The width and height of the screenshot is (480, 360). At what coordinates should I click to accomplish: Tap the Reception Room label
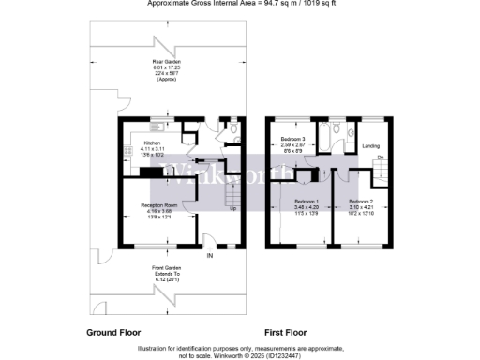point(158,204)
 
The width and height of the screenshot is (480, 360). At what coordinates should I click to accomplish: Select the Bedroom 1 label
point(307,202)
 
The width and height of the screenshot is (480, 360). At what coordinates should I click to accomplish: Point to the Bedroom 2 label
point(359,202)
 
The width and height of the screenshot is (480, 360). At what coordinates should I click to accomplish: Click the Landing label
point(370,145)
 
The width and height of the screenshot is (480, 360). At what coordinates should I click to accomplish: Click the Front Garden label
point(166,269)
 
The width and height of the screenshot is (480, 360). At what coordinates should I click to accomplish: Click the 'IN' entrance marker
point(210,256)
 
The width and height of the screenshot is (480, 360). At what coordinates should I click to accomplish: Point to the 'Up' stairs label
point(232,207)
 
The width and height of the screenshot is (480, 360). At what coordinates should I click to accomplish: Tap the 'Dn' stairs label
point(381,158)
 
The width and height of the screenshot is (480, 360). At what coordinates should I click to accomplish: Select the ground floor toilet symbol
point(232,132)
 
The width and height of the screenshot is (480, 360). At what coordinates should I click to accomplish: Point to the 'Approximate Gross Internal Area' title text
point(240,3)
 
